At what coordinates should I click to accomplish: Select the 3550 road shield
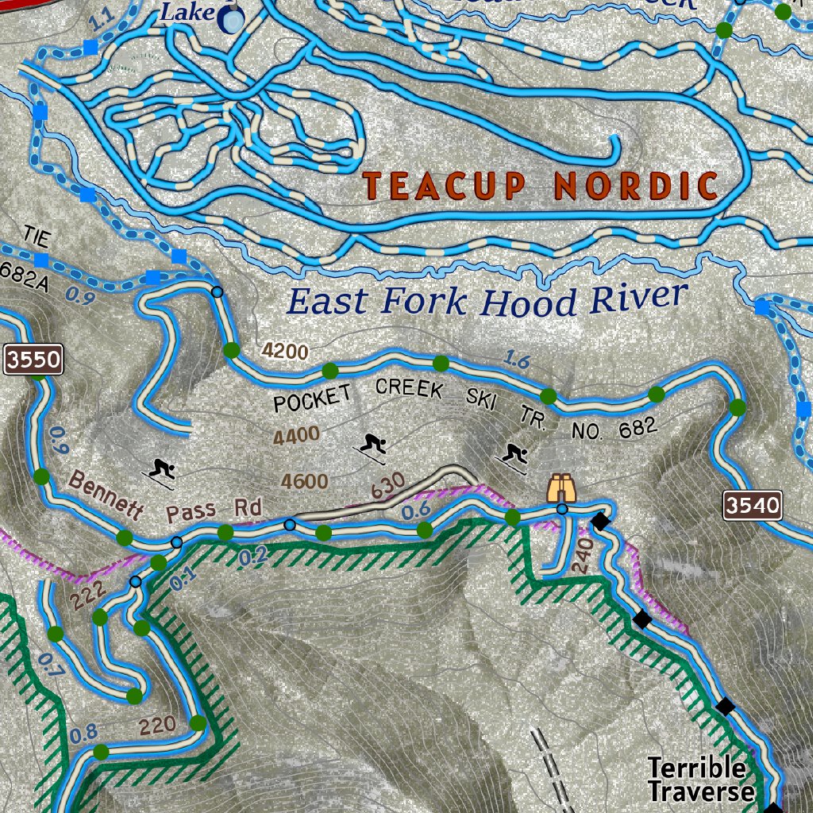[33, 360]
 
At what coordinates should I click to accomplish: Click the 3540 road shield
[753, 505]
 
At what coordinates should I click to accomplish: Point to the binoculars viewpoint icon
[562, 487]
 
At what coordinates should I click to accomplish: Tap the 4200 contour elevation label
[284, 351]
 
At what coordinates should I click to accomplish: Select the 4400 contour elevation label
[295, 436]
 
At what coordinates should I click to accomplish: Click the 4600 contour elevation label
[304, 482]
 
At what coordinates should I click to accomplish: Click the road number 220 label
[158, 725]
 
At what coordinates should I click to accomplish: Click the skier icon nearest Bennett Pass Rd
[163, 469]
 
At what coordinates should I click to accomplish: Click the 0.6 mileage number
[416, 512]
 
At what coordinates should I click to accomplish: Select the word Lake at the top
[187, 12]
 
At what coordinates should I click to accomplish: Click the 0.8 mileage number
[83, 734]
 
